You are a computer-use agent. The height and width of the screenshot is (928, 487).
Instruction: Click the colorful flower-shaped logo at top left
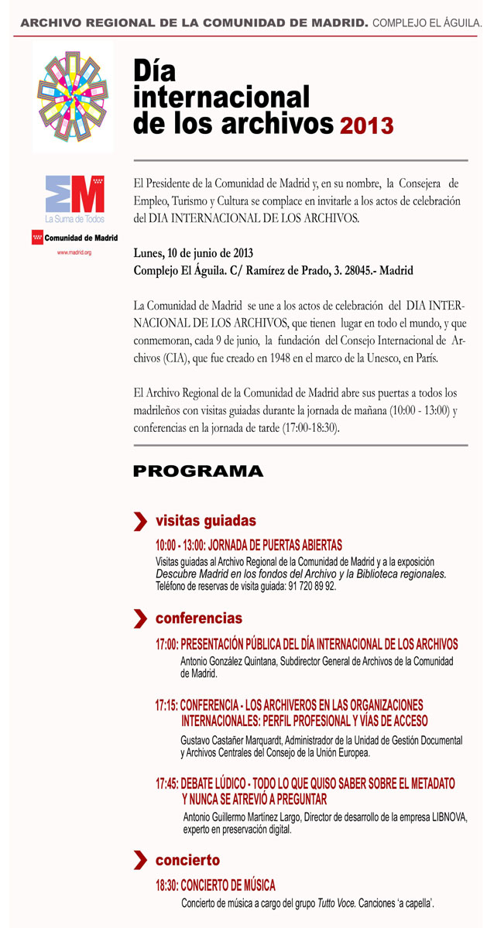tap(74, 96)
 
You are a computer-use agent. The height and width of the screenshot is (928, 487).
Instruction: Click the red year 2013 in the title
tap(366, 125)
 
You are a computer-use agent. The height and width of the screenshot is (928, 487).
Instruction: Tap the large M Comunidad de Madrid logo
tap(74, 194)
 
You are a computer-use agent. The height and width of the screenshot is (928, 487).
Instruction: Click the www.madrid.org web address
tap(74, 252)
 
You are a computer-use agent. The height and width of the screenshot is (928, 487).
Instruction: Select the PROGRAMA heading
tap(198, 471)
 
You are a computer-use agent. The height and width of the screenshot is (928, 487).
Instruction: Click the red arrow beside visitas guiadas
tap(140, 521)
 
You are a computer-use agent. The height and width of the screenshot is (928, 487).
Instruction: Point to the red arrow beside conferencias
tap(140, 618)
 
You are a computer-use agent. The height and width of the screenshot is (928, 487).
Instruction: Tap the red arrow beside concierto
tap(140, 861)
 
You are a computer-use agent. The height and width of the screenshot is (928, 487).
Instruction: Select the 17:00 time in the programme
tap(166, 644)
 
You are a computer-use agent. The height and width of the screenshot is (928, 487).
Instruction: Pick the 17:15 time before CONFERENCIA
tap(166, 705)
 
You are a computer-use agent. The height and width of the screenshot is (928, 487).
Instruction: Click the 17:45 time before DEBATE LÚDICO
tap(166, 783)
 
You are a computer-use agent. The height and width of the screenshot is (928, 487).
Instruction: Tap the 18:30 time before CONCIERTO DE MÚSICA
tap(166, 885)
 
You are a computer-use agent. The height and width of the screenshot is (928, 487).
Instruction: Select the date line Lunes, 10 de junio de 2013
tap(193, 253)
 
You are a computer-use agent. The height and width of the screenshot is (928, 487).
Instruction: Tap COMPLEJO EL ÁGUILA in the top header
tap(427, 24)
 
